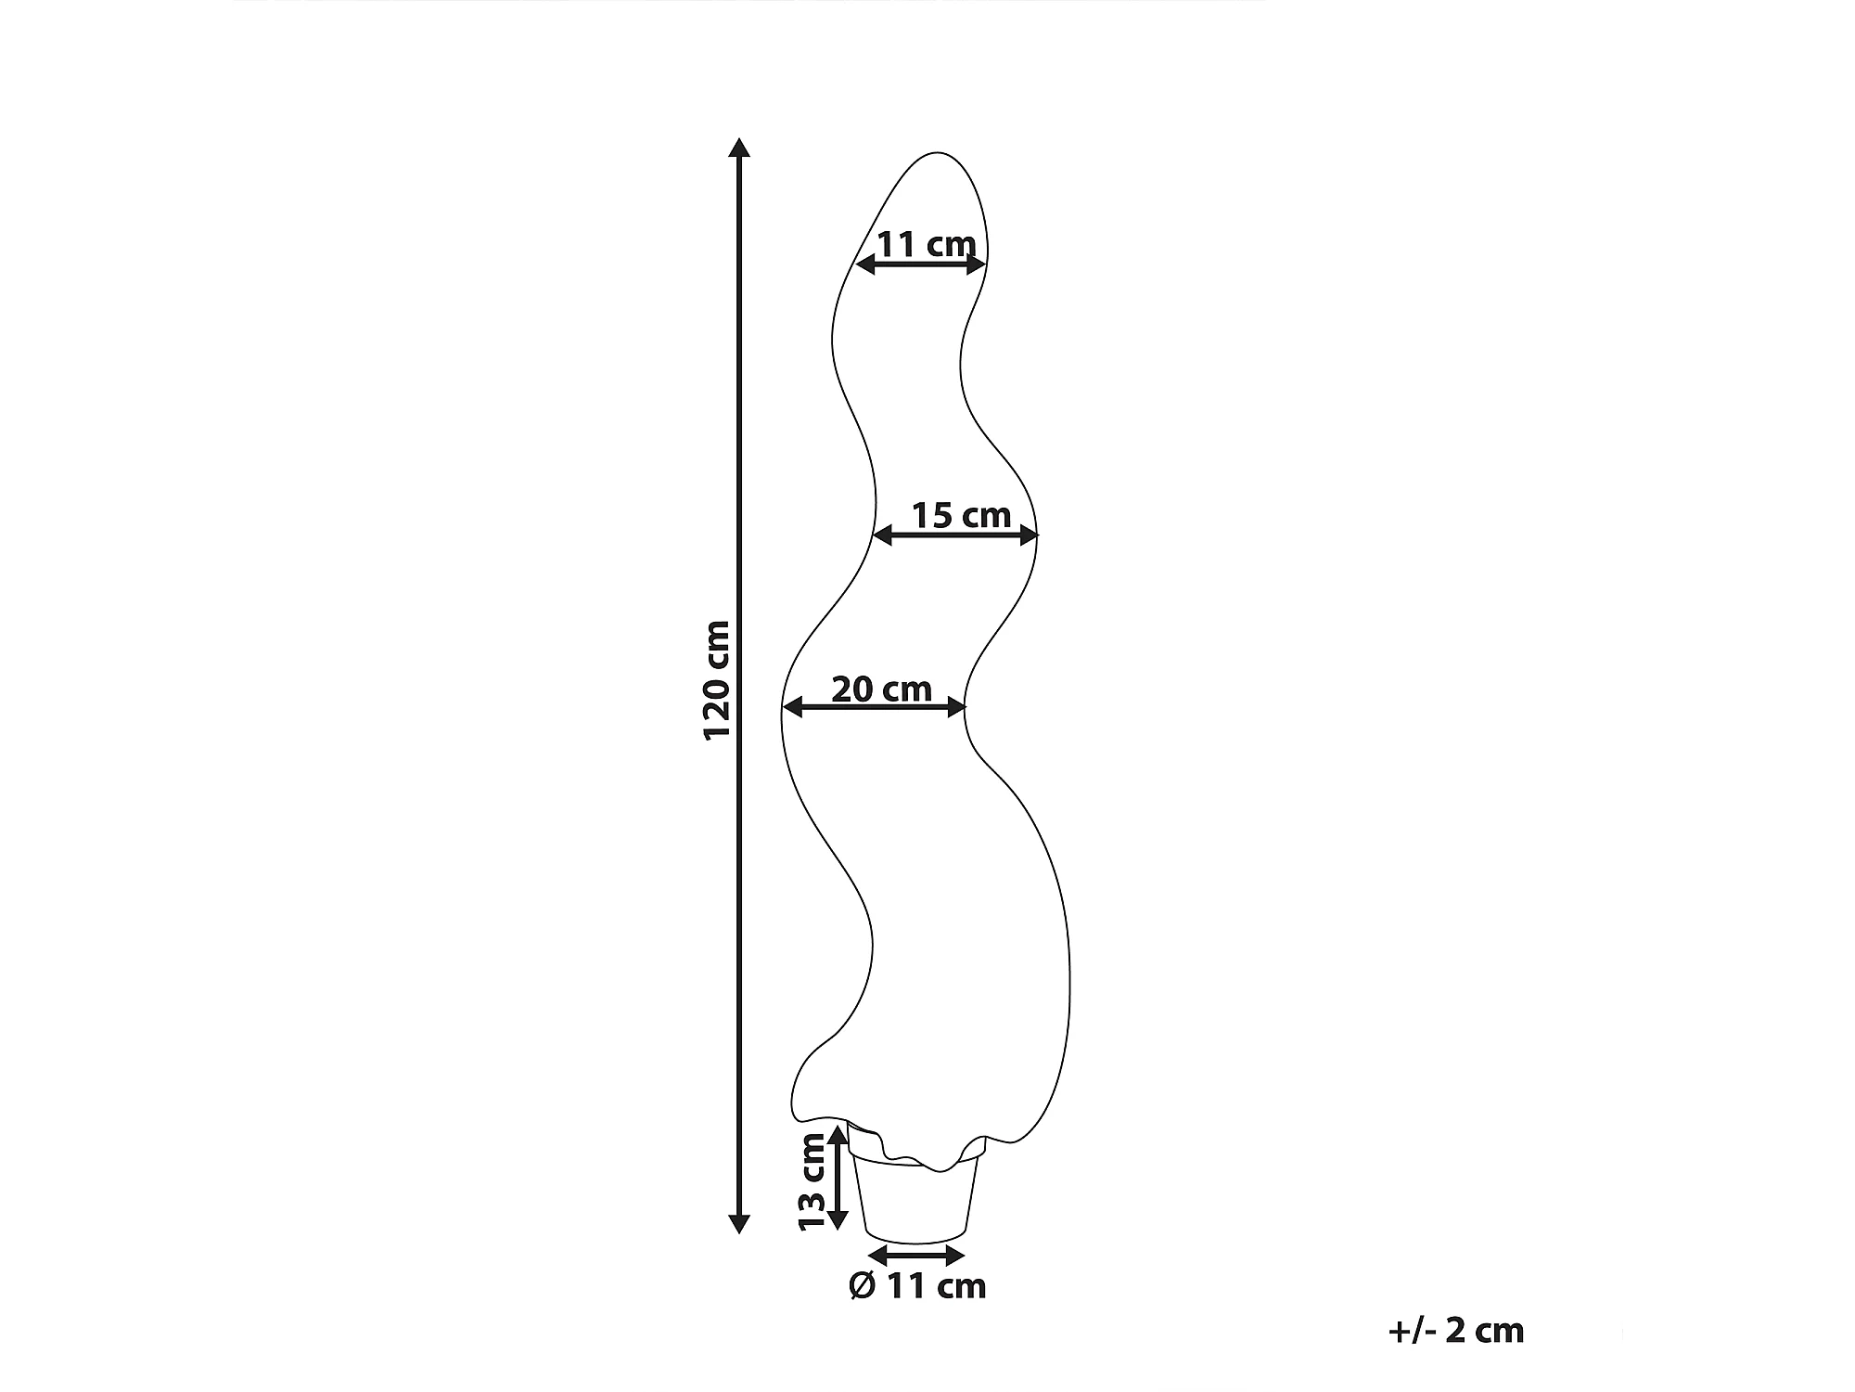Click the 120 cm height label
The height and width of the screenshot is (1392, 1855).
click(717, 679)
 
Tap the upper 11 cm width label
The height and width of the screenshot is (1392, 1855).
click(926, 245)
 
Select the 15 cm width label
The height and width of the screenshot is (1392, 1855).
click(961, 515)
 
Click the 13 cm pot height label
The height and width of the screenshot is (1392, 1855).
click(812, 1181)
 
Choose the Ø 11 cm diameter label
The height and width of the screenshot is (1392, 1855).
click(917, 1286)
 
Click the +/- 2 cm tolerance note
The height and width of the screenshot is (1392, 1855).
click(1456, 1331)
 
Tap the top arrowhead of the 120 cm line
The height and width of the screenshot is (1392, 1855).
click(738, 148)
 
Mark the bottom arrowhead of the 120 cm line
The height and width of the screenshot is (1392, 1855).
click(738, 1224)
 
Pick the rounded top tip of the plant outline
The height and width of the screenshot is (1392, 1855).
click(939, 154)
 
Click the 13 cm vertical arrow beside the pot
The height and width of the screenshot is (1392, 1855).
click(838, 1177)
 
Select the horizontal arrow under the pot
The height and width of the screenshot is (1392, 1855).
click(917, 1256)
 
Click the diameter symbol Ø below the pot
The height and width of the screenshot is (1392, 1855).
click(863, 1286)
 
